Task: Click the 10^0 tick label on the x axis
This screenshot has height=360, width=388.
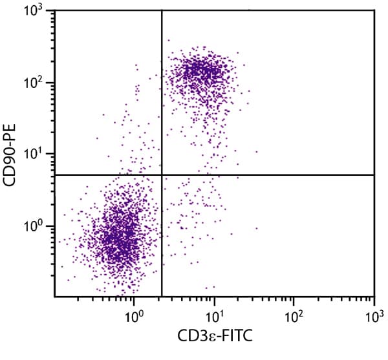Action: point(135,317)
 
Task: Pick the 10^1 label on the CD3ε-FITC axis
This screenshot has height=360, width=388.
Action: point(214,317)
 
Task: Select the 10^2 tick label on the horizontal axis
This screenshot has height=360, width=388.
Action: point(294,317)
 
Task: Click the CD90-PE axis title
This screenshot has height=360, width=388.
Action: point(11,154)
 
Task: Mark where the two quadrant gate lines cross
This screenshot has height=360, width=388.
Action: point(161,175)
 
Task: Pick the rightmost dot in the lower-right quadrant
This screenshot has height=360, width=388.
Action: point(256,228)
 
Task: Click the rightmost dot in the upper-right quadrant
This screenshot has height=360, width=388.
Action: point(256,152)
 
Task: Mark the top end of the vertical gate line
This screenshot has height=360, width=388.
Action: point(161,10)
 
